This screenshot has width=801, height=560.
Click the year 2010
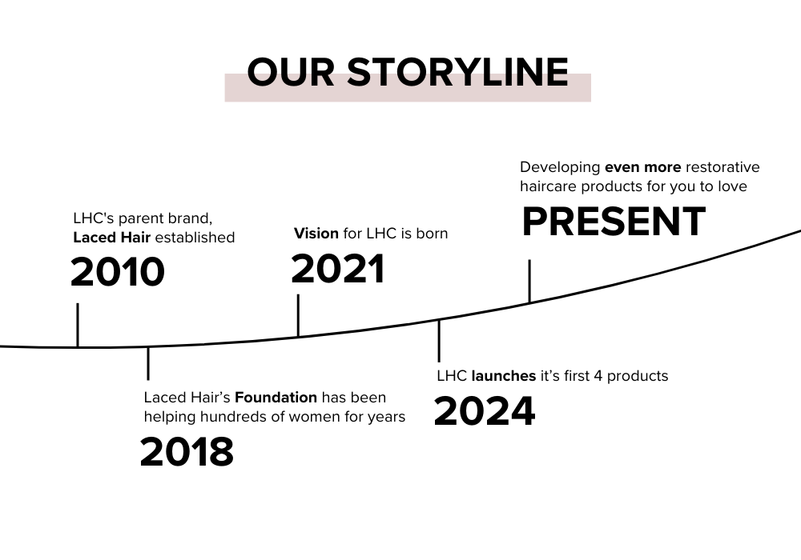click(118, 271)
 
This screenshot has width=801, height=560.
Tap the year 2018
click(187, 451)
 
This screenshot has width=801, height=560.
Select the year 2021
click(338, 268)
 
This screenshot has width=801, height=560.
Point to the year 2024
click(485, 410)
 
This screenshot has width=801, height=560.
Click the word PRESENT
click(614, 222)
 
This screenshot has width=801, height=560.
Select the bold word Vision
click(316, 233)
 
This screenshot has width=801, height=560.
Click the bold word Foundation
click(276, 398)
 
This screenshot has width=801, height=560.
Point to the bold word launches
click(504, 376)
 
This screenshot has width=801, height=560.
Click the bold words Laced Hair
click(112, 237)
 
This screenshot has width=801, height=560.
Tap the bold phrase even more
click(642, 167)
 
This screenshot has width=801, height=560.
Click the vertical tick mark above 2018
click(148, 364)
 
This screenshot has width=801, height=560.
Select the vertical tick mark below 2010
click(78, 326)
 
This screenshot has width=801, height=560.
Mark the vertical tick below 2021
click(298, 315)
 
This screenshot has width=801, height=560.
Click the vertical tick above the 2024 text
click(439, 342)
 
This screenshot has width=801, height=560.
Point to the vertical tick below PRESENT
click(529, 281)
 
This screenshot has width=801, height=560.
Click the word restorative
click(723, 167)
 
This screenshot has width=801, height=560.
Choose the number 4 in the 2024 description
click(598, 376)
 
